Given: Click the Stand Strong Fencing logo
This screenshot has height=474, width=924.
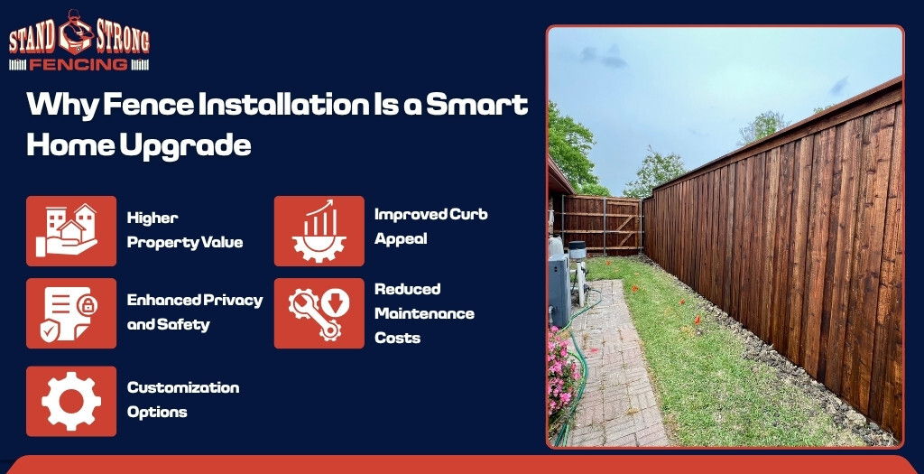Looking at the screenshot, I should (x=79, y=42).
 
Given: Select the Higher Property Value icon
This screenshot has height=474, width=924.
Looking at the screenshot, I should (x=71, y=231).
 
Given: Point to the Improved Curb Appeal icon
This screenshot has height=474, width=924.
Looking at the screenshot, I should (x=319, y=231).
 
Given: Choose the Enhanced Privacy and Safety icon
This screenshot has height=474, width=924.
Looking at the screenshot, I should (x=71, y=313).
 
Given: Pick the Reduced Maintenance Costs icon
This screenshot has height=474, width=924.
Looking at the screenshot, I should (x=319, y=313).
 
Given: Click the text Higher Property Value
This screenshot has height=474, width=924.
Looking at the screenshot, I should (x=184, y=230).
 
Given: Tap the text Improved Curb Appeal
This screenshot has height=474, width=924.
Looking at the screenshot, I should (x=430, y=227).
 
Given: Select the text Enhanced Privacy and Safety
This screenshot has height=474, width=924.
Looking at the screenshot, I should (x=194, y=311).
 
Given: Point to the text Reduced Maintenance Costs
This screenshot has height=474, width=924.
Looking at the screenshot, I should (x=424, y=313).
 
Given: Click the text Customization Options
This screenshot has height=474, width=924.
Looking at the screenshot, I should (x=182, y=399).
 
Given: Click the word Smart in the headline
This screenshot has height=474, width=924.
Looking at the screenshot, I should (x=476, y=106).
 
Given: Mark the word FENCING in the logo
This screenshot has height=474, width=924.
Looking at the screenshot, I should (x=79, y=64).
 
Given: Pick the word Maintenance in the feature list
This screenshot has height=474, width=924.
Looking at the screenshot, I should (x=424, y=313).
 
